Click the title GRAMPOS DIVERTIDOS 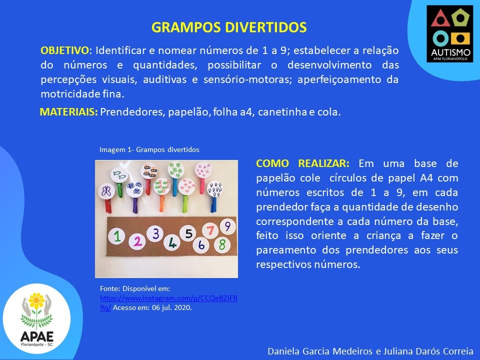tap(229, 27)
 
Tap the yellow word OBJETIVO tap(64, 50)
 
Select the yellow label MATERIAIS tap(68, 112)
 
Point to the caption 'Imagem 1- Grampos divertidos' tap(149, 149)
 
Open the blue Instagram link tap(168, 303)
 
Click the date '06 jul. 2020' tap(171, 307)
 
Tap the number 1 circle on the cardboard tap(116, 236)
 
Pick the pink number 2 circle tap(137, 241)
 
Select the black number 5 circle tap(188, 233)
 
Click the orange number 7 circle tap(210, 230)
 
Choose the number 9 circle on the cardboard tap(227, 226)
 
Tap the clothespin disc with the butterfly tap(106, 191)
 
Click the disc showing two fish tap(119, 175)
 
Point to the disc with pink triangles tap(203, 169)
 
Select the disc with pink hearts tap(186, 186)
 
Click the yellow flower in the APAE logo tap(36, 300)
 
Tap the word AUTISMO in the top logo tap(450, 51)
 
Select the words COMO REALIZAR tap(302, 163)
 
